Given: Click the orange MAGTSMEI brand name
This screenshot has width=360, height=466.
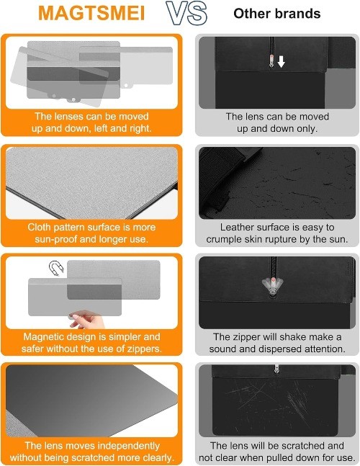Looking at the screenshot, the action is [x=91, y=13].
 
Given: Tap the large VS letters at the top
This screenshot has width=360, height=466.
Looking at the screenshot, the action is [x=186, y=13].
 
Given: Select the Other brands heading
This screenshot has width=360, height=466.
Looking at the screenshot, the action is [x=276, y=14].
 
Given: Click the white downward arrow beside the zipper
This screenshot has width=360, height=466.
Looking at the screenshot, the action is [x=281, y=61].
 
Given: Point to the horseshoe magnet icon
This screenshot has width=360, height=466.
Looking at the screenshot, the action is [x=56, y=268].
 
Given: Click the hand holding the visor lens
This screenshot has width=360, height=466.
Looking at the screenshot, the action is [x=86, y=318].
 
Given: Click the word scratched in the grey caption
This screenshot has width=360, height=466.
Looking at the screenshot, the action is [x=303, y=446].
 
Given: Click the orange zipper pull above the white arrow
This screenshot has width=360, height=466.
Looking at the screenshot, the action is [x=271, y=60].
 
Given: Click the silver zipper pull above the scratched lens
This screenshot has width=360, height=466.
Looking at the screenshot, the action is [x=276, y=369].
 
